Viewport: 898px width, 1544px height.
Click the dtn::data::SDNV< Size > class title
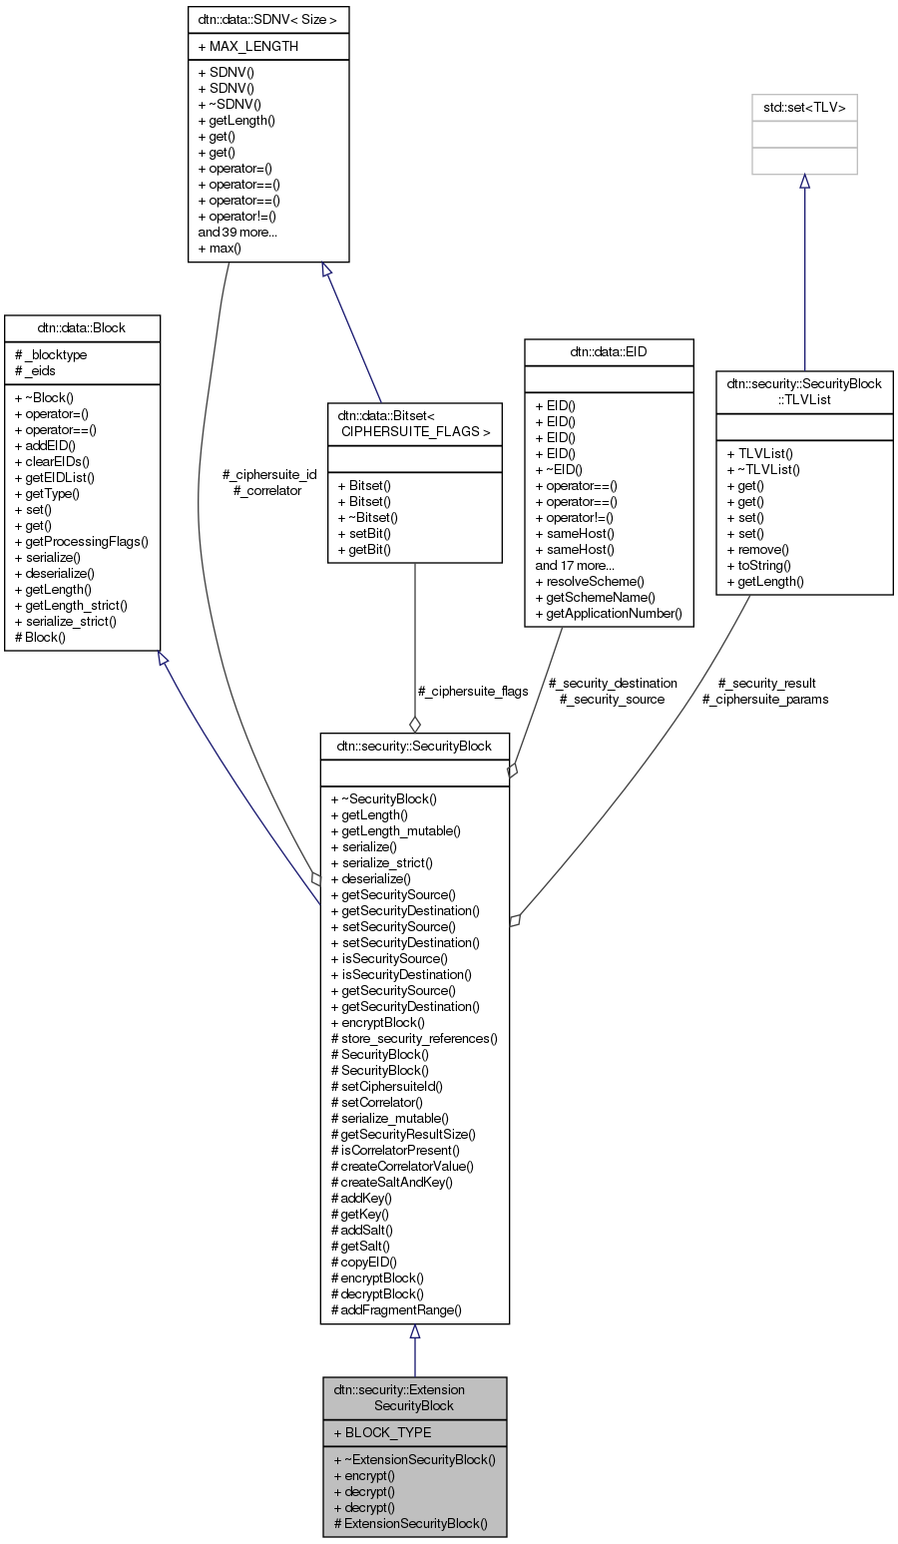pyautogui.click(x=268, y=19)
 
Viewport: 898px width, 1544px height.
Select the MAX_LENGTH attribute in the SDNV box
pyautogui.click(x=253, y=46)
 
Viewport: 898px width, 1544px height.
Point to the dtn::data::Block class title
pyautogui.click(x=82, y=327)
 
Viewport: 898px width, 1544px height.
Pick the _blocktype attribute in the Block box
pyautogui.click(x=51, y=354)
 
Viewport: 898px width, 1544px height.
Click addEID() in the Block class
pyautogui.click(x=45, y=445)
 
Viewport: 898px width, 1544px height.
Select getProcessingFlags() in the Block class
pyautogui.click(x=81, y=541)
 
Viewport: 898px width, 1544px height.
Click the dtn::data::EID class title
pyautogui.click(x=609, y=351)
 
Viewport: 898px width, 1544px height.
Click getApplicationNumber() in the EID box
pyautogui.click(x=609, y=613)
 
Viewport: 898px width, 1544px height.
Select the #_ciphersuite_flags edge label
pyautogui.click(x=472, y=691)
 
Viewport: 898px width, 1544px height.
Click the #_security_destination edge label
pyautogui.click(x=613, y=683)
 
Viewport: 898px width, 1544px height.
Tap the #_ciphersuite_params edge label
pyautogui.click(x=765, y=699)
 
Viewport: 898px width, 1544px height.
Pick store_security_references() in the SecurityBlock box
pyautogui.click(x=414, y=1038)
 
